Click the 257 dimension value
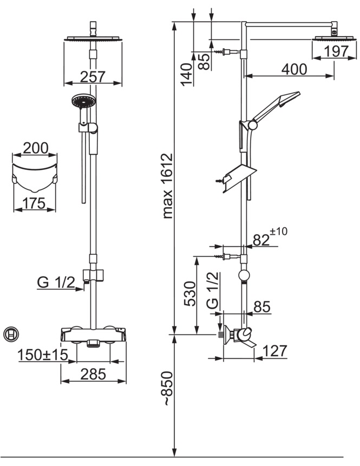(x=93, y=76)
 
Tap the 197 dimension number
(x=336, y=51)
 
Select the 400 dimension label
(x=294, y=69)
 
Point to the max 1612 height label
(x=168, y=186)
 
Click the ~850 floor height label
(x=168, y=388)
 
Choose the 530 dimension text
(x=190, y=294)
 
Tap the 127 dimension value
(x=275, y=351)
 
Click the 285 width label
(x=93, y=374)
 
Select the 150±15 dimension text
(x=43, y=355)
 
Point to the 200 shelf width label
(x=35, y=148)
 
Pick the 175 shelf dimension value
(x=34, y=204)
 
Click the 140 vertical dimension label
(x=187, y=74)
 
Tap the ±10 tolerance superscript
(x=279, y=231)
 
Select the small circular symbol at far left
(x=11, y=334)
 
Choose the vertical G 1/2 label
(x=213, y=291)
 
